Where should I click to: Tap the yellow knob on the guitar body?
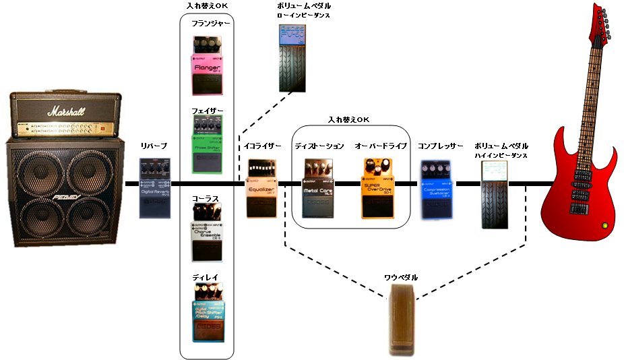click(x=604, y=224)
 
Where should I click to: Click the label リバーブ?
click(x=152, y=146)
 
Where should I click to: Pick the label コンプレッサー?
click(x=440, y=146)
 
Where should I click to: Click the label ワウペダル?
click(x=401, y=277)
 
